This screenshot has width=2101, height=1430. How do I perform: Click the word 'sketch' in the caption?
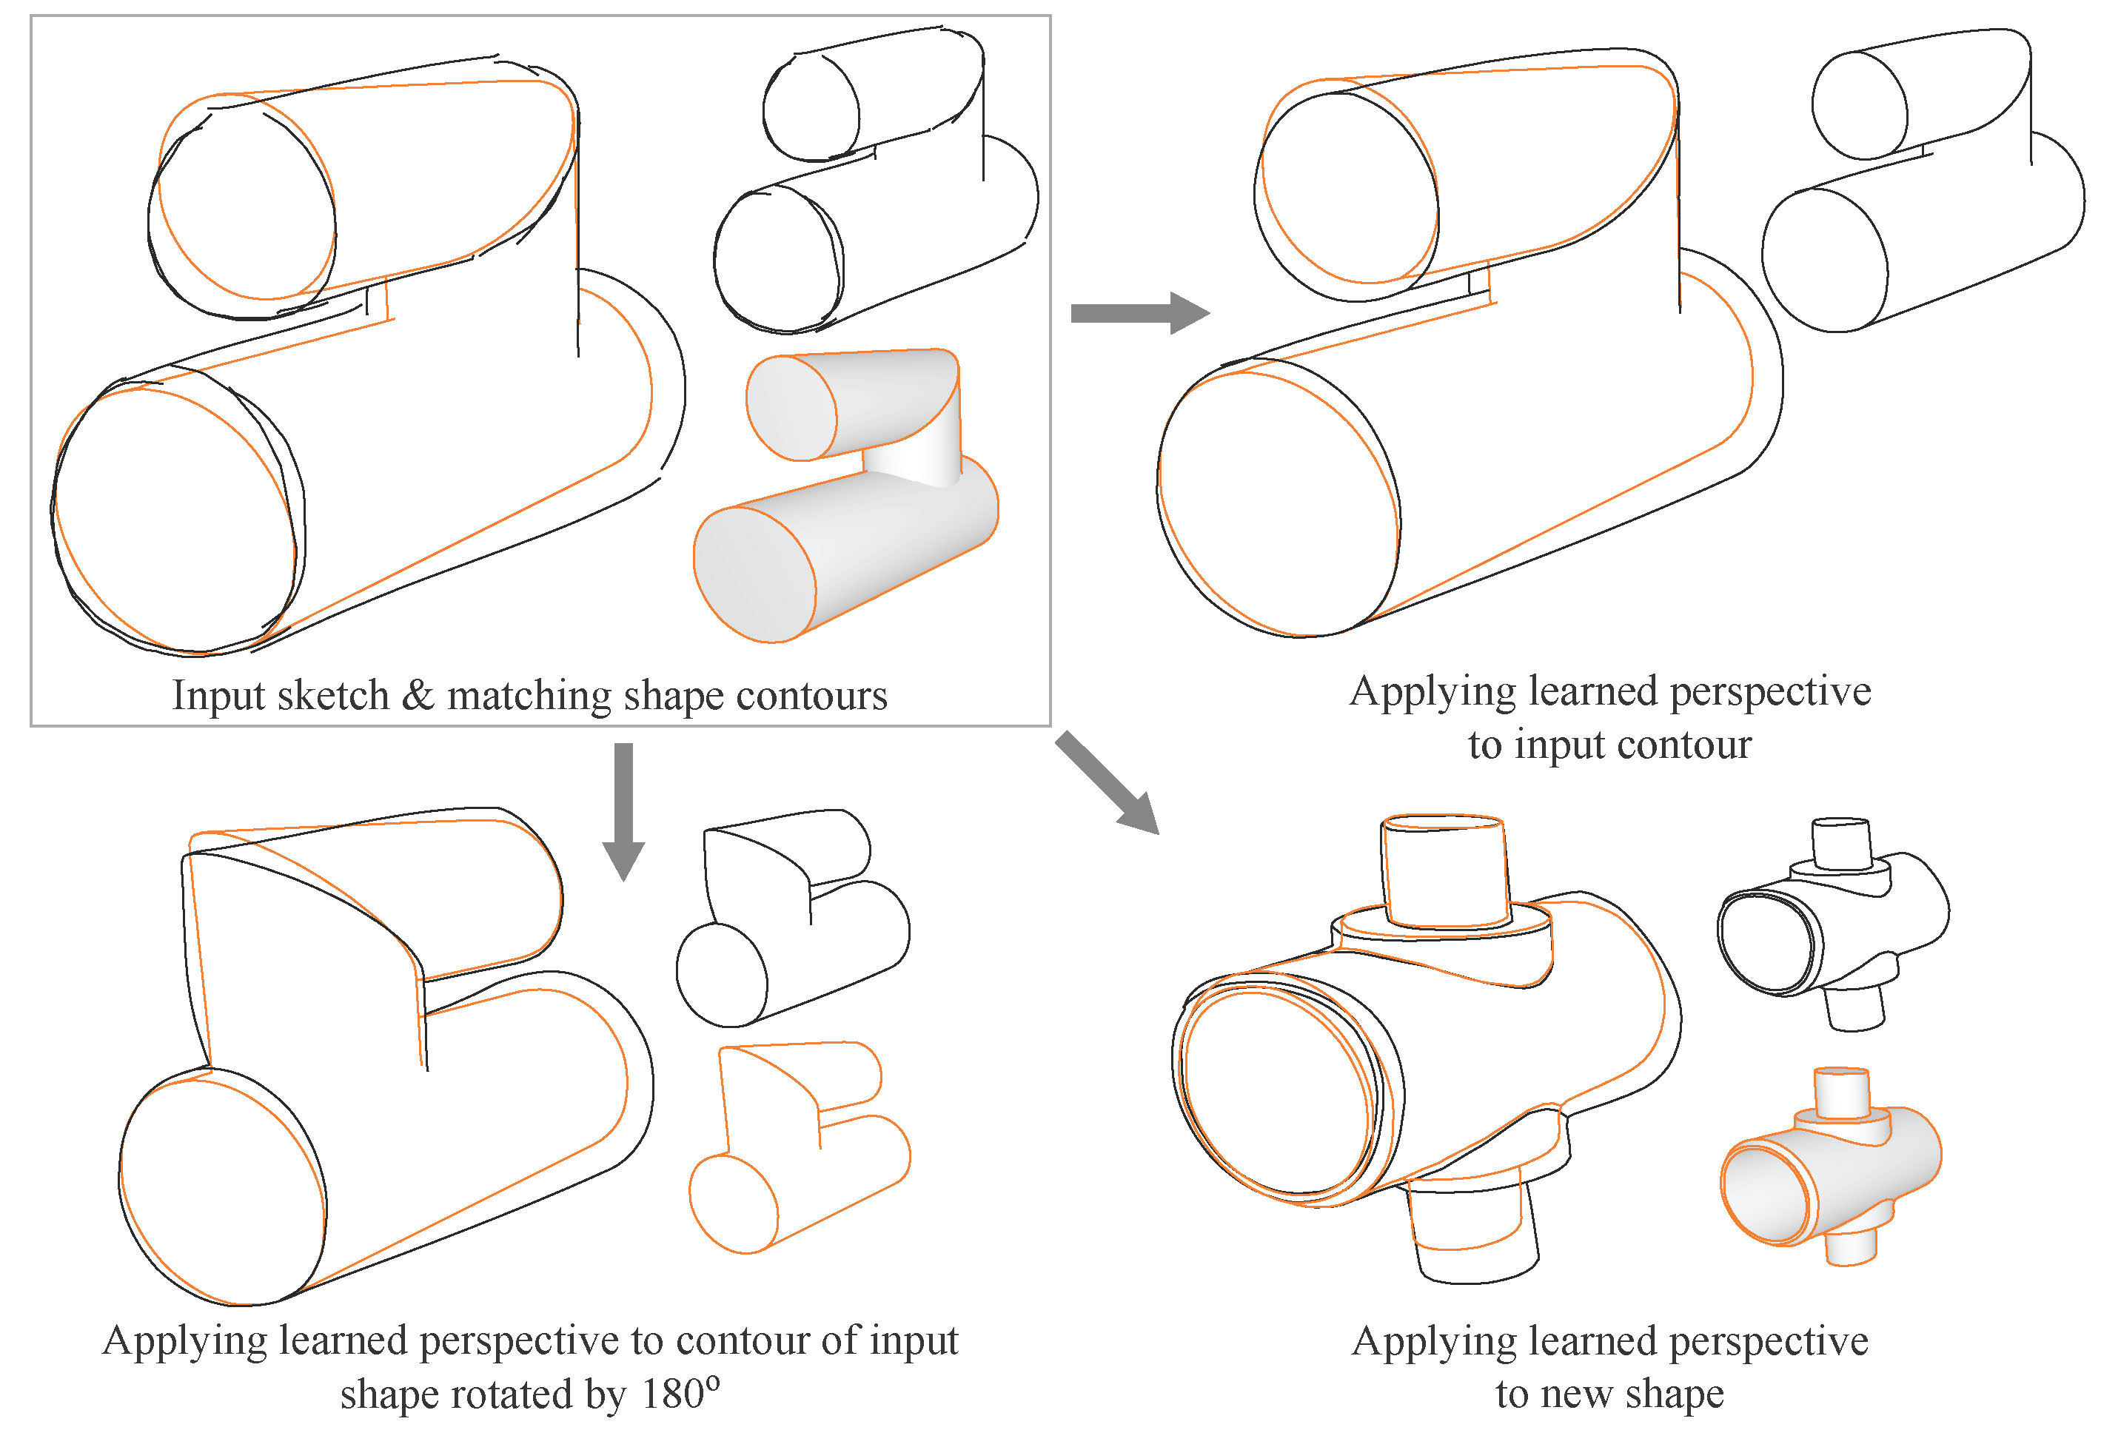pos(332,696)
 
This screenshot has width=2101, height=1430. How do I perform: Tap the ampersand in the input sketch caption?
pos(417,696)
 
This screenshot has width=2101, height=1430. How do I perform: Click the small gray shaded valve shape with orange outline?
pos(1831,1166)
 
